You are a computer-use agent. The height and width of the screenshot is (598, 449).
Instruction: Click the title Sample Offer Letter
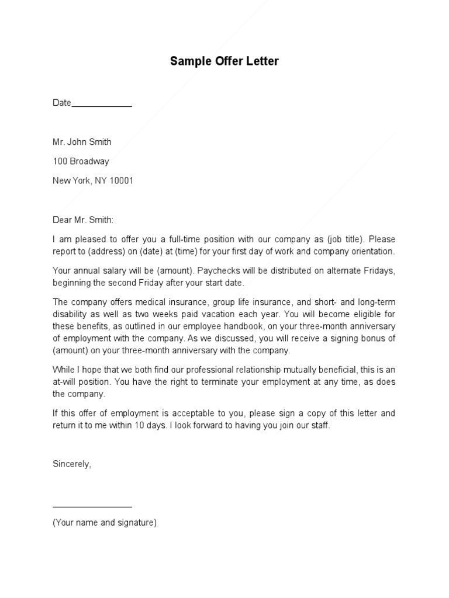[x=224, y=61]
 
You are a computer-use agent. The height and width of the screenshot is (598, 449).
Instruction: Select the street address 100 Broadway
[x=81, y=161]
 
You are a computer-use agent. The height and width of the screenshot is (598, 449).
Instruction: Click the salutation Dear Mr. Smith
[x=84, y=220]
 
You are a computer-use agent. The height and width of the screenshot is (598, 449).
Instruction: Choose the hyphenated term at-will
[x=64, y=382]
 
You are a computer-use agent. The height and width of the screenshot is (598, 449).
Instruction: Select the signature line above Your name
[x=92, y=507]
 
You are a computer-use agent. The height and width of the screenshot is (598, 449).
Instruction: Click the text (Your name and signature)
[x=105, y=523]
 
